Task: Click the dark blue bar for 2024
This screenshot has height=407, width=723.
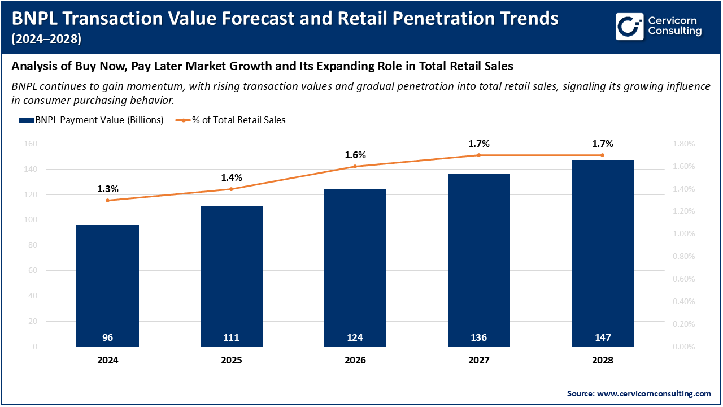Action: tap(108, 283)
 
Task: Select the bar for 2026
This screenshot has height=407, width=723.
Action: tap(355, 266)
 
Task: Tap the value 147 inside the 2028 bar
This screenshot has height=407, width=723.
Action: tap(602, 337)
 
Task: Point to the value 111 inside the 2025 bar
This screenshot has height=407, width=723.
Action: tap(231, 337)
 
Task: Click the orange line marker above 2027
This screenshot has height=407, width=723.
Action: tap(478, 155)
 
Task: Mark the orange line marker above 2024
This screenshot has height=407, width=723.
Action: tap(108, 200)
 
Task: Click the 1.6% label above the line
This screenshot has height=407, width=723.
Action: tap(355, 155)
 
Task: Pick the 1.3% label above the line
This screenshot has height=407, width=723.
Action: tap(108, 189)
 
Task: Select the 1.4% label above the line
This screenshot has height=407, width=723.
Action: tap(231, 177)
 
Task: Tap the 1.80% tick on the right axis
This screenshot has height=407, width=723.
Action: tap(684, 144)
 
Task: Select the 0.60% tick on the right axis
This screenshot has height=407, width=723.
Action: tap(684, 279)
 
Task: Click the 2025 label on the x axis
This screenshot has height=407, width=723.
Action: tap(231, 360)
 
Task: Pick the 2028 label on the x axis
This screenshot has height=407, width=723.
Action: tap(602, 360)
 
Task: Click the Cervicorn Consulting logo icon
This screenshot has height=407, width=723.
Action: tap(630, 27)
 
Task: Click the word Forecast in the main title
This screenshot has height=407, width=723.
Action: tap(246, 19)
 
